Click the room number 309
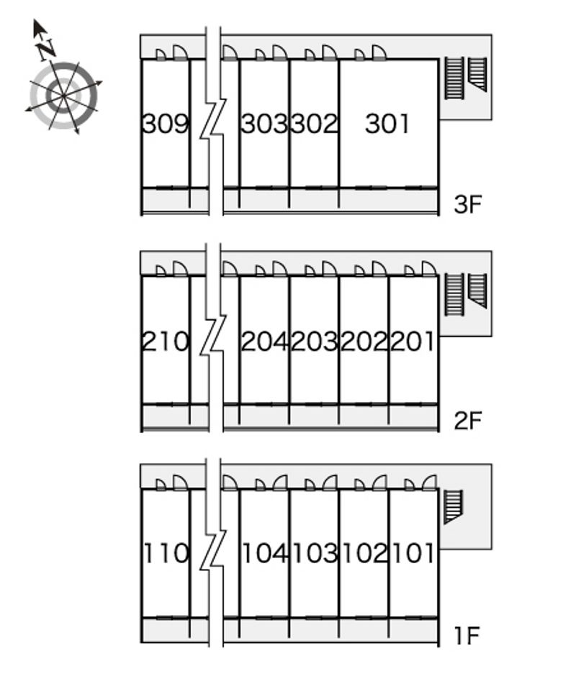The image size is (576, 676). pos(166,124)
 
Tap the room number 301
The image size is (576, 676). pos(387,124)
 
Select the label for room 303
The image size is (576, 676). pos(264,124)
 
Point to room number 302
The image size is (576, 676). pos(314,124)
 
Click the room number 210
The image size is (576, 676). pos(166,341)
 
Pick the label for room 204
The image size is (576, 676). pos(264,341)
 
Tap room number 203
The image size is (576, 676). pos(314,341)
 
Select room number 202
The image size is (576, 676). pos(364,341)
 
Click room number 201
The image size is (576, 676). pos(413,341)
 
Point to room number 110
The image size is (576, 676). pos(166,553)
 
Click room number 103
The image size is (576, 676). pos(315,553)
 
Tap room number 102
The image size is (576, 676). pos(365,553)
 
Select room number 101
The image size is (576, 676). pos(413,553)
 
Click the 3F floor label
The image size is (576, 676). pos(467,204)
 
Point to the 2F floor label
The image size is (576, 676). pos(467,421)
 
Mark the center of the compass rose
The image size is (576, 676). pos(63,96)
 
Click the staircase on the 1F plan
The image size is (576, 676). pos(453,506)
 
